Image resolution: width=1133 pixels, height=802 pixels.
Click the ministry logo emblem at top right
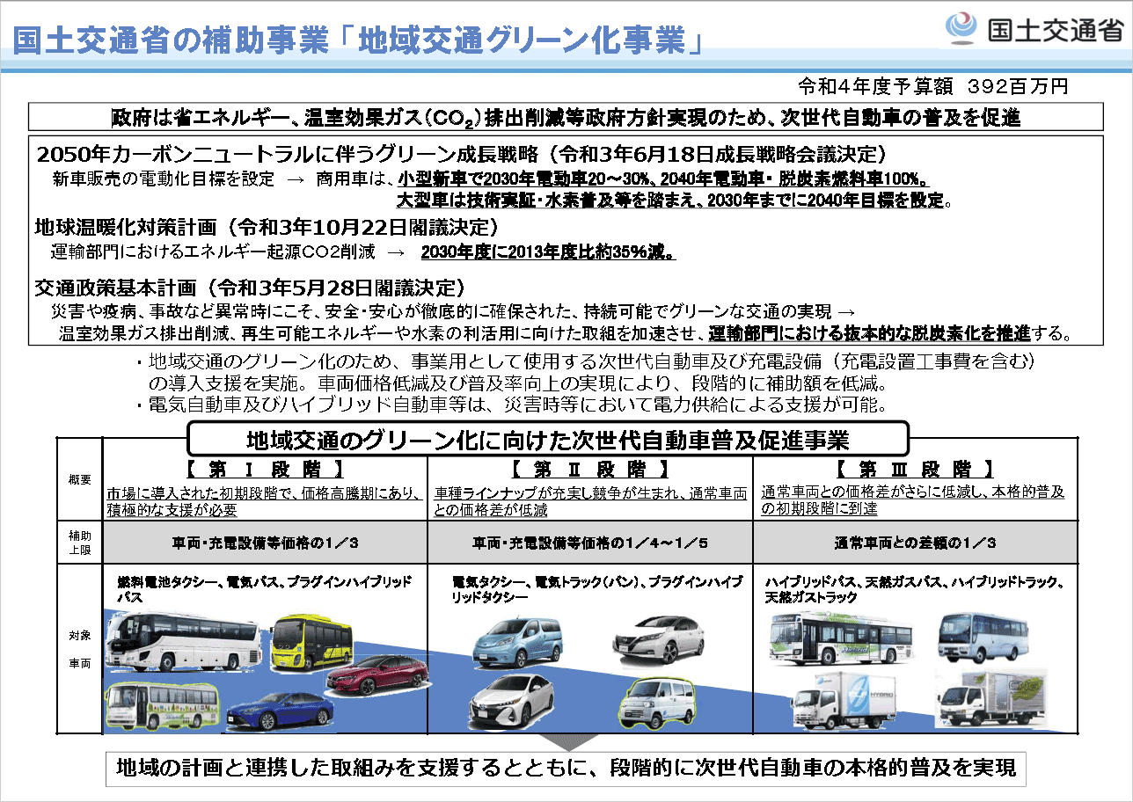(961, 28)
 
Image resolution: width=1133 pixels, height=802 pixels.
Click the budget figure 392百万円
(1018, 86)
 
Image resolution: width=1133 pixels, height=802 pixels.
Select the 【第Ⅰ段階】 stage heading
(265, 470)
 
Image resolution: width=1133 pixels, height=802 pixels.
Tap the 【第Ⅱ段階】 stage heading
(590, 470)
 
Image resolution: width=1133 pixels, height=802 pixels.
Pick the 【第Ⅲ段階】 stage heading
(916, 470)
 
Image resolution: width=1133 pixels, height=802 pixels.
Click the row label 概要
(80, 479)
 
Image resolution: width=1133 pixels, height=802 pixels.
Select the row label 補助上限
(80, 543)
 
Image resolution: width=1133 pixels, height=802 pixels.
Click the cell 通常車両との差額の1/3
(915, 543)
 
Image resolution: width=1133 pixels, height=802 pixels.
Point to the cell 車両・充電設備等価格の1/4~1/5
(589, 543)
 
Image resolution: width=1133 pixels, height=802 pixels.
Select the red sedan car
(378, 675)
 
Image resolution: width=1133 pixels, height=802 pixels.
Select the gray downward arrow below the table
(568, 742)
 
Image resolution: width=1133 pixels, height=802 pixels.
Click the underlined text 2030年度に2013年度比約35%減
(548, 252)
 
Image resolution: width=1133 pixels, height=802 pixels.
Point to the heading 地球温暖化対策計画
(126, 227)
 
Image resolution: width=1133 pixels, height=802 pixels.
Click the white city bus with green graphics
(841, 638)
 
